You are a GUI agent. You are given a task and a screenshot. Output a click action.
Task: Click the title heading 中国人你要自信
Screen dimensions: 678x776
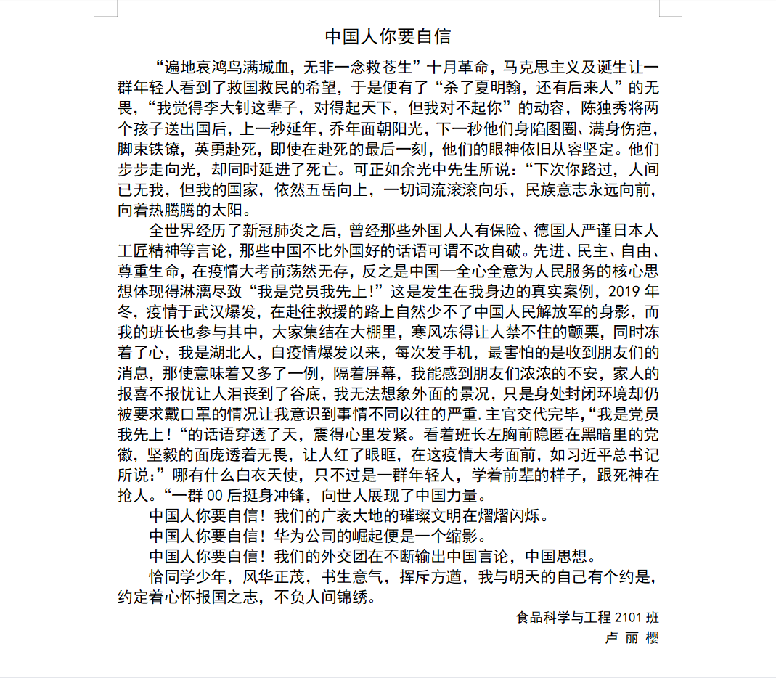(388, 36)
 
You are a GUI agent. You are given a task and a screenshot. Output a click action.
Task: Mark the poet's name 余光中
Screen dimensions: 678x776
(394, 171)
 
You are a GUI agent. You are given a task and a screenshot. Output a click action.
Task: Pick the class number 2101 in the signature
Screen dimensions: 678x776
(625, 618)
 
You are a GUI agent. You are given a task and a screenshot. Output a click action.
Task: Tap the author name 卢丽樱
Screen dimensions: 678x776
(632, 637)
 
